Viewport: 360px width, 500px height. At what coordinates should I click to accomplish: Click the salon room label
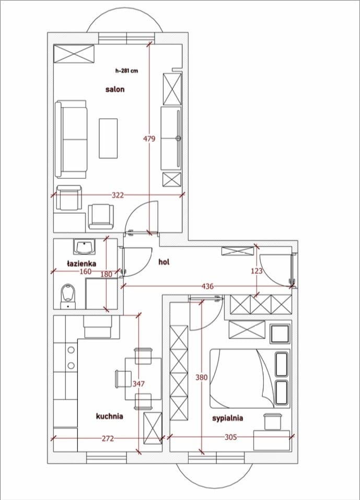coord(115,89)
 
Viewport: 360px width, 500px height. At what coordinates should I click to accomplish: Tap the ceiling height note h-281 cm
coord(126,71)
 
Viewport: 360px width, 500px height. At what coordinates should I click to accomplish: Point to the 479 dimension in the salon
coord(149,138)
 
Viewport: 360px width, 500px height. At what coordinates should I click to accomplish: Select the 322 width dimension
coord(118,195)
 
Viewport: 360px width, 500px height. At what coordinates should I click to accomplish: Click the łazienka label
coord(82,264)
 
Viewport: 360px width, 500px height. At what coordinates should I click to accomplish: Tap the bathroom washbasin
coord(85,247)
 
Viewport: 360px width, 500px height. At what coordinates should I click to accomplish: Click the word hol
coord(164,262)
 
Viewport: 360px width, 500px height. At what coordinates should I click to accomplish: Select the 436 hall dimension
coord(207,286)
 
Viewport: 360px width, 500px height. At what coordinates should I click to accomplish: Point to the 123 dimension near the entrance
coord(257,271)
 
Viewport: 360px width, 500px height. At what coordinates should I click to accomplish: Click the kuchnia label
coord(109,416)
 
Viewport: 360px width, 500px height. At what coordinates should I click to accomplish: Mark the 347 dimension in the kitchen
coord(138,383)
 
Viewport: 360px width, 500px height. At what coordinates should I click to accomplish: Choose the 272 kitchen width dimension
coord(108,438)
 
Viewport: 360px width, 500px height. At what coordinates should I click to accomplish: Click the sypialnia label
coord(228,418)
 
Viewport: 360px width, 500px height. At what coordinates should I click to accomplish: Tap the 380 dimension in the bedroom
coord(202,378)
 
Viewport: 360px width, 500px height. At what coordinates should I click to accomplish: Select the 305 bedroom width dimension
coord(230,437)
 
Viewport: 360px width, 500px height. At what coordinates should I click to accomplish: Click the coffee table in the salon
coord(108,138)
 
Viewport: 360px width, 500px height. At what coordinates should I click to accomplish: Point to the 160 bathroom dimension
coord(86,271)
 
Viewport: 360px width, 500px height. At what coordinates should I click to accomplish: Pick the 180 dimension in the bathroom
coord(106,274)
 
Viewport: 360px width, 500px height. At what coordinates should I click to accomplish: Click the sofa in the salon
coord(71,139)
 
